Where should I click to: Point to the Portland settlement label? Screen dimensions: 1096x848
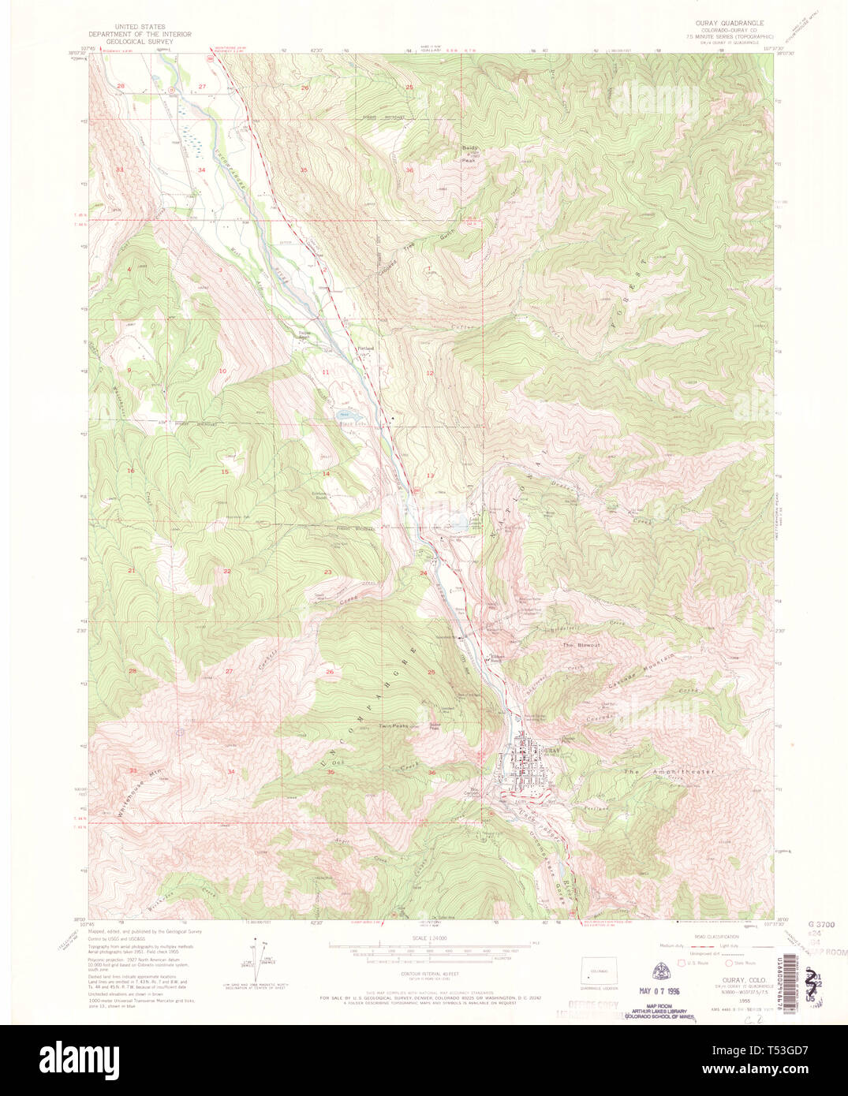pyautogui.click(x=365, y=348)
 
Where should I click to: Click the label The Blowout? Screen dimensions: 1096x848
pyautogui.click(x=581, y=645)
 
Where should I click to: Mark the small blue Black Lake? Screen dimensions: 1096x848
pyautogui.click(x=345, y=414)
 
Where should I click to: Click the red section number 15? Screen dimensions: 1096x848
pyautogui.click(x=225, y=472)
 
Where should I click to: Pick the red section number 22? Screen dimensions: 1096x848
pyautogui.click(x=227, y=571)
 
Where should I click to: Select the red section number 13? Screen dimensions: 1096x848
pyautogui.click(x=431, y=476)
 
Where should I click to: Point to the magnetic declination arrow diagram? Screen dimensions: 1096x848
pyautogui.click(x=258, y=957)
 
